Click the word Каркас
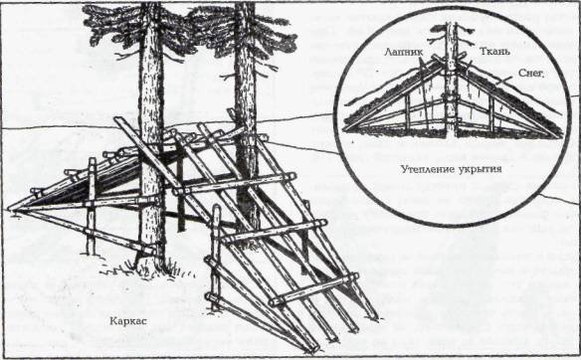coord(128,321)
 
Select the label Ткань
coord(494,51)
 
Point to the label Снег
coord(531,73)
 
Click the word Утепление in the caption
coord(428,169)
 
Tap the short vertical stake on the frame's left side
coord(92,206)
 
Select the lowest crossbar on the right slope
coord(314,289)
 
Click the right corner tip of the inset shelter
coord(560,136)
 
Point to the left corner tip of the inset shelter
coord(345,129)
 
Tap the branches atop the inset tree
coord(451,33)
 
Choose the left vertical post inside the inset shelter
coord(407,113)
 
